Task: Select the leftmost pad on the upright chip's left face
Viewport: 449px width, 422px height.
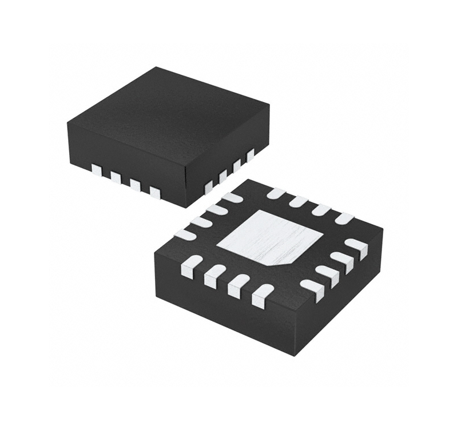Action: pos(97,169)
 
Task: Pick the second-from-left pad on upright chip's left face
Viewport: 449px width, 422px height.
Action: pos(116,177)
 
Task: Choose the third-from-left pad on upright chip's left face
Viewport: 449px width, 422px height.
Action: pos(136,185)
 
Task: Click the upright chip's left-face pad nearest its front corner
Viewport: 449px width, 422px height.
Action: pos(155,192)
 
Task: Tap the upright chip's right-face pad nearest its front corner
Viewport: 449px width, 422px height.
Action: pos(209,186)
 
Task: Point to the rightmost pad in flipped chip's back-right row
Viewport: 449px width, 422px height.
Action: pos(344,217)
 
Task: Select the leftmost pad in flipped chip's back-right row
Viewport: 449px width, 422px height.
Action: pos(276,193)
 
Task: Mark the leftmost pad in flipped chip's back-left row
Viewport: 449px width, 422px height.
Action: pos(185,233)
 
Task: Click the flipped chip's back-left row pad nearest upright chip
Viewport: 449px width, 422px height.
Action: pos(232,198)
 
